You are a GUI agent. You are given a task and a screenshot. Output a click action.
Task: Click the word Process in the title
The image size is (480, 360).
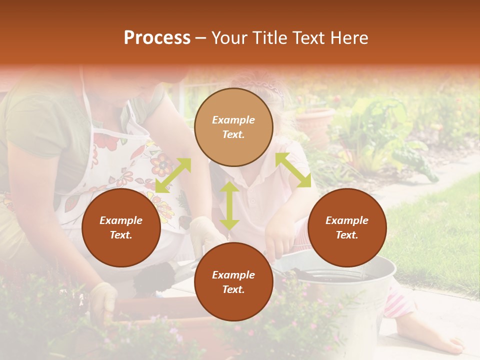(x=157, y=38)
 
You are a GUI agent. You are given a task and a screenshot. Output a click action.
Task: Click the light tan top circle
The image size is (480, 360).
(x=233, y=127)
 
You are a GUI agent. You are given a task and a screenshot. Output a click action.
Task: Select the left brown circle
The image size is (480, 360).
(x=121, y=227)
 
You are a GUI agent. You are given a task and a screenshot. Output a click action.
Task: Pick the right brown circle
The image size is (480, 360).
(x=347, y=227)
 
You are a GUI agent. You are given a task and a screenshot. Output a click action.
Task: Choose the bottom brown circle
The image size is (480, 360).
(x=233, y=282)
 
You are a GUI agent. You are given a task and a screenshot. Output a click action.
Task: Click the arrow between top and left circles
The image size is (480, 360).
(x=173, y=175)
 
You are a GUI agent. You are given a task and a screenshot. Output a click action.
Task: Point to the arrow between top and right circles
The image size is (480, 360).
(x=293, y=170)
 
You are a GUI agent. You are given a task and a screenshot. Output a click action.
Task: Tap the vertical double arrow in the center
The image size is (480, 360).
(x=229, y=205)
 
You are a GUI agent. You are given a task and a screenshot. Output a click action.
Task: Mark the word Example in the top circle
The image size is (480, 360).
(x=233, y=120)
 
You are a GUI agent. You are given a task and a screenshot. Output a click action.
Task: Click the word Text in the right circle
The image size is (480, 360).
(x=347, y=235)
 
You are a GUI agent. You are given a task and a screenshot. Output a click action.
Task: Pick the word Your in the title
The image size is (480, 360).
(x=229, y=38)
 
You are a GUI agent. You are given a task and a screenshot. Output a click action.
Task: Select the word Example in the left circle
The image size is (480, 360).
(x=121, y=220)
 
